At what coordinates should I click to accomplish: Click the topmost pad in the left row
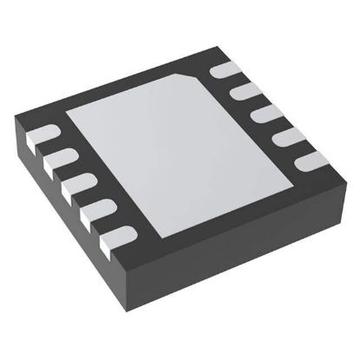tap(43, 134)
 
